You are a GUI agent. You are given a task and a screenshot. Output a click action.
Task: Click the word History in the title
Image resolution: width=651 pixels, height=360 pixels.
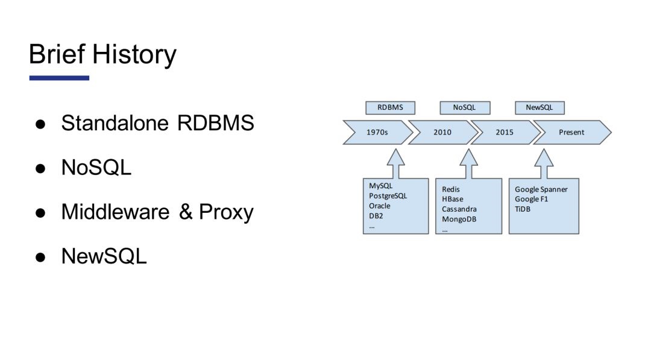click(134, 55)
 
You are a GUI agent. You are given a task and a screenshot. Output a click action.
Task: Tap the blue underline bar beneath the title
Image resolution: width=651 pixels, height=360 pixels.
click(59, 78)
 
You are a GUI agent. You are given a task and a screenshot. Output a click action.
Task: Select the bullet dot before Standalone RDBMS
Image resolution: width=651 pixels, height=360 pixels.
click(40, 124)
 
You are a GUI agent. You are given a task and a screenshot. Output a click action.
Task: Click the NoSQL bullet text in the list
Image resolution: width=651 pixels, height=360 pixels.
click(96, 167)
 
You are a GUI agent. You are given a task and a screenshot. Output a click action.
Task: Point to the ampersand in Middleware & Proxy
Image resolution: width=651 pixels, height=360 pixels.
click(186, 212)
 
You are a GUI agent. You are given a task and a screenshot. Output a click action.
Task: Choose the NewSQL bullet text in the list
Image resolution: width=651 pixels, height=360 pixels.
click(104, 256)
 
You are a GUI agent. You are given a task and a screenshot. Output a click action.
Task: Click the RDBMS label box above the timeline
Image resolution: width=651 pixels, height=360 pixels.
click(390, 107)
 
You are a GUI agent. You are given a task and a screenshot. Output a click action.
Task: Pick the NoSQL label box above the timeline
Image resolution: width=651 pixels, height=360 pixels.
click(465, 107)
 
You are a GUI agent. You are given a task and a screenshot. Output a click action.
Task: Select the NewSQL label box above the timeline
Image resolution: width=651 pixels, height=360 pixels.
click(539, 107)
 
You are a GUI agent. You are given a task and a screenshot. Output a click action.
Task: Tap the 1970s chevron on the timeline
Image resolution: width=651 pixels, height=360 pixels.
click(377, 133)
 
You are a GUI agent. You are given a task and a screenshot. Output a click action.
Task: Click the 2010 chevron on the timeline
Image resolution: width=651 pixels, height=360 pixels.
click(442, 133)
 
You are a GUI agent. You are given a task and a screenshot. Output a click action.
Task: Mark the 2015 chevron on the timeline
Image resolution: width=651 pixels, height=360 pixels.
click(505, 133)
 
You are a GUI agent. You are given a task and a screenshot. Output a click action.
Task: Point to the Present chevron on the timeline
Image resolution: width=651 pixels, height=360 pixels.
click(572, 133)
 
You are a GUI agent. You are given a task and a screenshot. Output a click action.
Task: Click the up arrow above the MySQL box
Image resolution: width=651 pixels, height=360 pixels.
click(396, 163)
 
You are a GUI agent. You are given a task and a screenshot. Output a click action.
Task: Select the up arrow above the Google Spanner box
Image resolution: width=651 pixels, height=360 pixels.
click(544, 163)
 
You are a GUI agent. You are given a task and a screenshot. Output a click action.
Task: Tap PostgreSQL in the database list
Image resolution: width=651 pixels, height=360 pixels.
click(388, 196)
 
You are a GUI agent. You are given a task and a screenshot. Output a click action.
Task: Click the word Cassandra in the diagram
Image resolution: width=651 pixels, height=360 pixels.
click(459, 209)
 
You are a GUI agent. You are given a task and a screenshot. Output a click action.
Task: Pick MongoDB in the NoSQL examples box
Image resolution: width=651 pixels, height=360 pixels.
click(459, 219)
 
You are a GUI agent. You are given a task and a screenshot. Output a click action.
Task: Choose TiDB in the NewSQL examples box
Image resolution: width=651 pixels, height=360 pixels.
click(523, 209)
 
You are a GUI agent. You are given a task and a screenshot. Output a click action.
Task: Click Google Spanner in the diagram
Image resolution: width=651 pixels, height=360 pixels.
click(541, 190)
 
